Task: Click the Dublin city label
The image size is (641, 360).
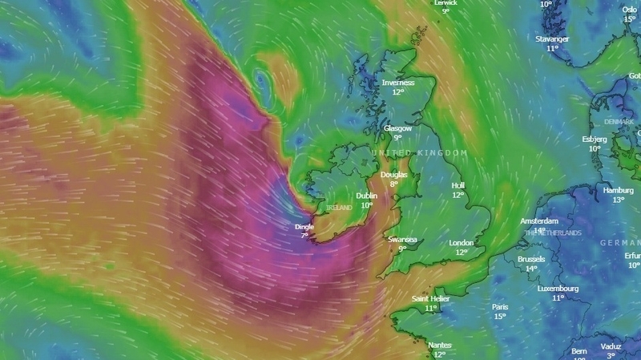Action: pyautogui.click(x=367, y=195)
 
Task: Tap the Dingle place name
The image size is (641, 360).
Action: pyautogui.click(x=304, y=227)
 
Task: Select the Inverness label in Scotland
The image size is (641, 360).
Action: pyautogui.click(x=398, y=82)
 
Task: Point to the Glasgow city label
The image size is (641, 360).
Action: pyautogui.click(x=397, y=127)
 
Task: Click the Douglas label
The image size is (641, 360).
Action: pyautogui.click(x=393, y=174)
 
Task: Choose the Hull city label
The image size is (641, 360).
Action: pyautogui.click(x=458, y=184)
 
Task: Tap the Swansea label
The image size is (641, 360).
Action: pyautogui.click(x=402, y=239)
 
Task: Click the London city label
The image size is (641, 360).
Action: pyautogui.click(x=462, y=243)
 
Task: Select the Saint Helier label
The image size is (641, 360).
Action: pyautogui.click(x=431, y=298)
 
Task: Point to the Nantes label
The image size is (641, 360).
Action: pyautogui.click(x=439, y=345)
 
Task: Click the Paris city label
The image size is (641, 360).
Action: pyautogui.click(x=500, y=306)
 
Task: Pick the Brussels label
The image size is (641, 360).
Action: pyautogui.click(x=531, y=259)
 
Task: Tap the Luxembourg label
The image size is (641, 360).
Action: pyautogui.click(x=558, y=288)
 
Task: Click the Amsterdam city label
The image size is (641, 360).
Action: pyautogui.click(x=539, y=220)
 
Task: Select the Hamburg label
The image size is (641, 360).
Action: pyautogui.click(x=619, y=190)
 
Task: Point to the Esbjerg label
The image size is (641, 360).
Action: pyautogui.click(x=595, y=139)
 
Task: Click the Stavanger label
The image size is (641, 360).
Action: pyautogui.click(x=552, y=38)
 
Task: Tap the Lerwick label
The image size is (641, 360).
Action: pyautogui.click(x=445, y=2)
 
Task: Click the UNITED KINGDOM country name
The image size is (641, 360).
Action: pyautogui.click(x=418, y=152)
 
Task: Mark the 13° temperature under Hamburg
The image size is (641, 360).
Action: pyautogui.click(x=619, y=200)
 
